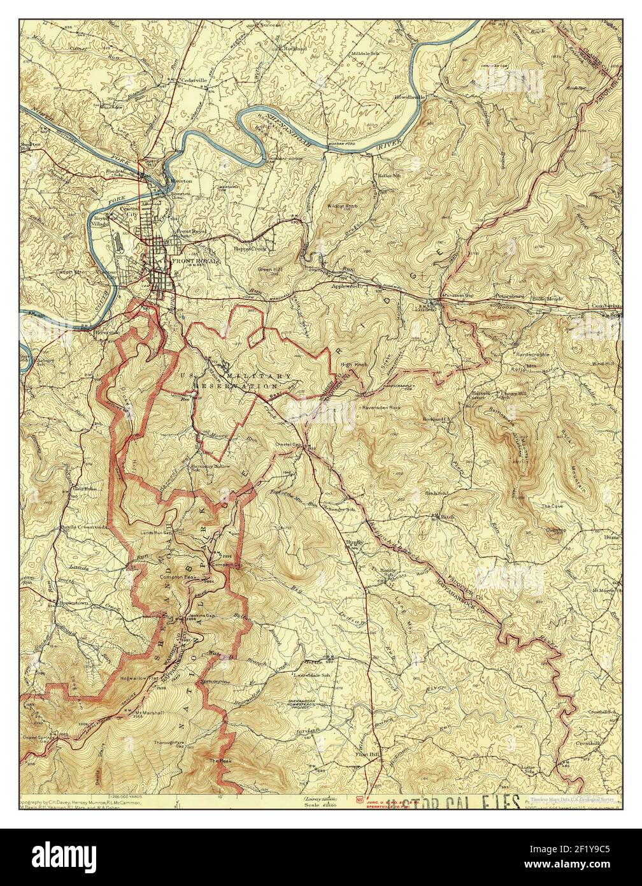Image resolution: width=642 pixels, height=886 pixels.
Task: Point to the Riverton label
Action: tap(181, 181)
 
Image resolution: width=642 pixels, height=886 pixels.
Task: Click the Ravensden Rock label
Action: tap(383, 406)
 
